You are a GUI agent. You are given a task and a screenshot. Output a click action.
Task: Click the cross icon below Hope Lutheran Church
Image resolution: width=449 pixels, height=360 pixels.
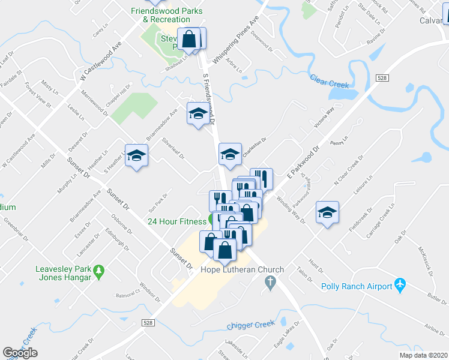(271, 281)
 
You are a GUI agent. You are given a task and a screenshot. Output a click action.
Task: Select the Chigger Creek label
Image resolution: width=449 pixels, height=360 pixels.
(250, 325)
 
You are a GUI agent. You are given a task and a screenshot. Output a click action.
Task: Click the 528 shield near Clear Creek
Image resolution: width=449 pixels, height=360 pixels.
(382, 79)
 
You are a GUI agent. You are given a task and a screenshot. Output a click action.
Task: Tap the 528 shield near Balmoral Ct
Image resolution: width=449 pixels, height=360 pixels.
(149, 322)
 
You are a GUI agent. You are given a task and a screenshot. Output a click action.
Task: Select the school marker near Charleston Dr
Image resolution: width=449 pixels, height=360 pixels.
(230, 154)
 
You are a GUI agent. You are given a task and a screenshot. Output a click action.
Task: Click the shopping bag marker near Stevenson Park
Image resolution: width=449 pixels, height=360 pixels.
(189, 39)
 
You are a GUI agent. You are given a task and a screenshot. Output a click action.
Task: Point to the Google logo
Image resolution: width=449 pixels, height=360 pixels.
(20, 353)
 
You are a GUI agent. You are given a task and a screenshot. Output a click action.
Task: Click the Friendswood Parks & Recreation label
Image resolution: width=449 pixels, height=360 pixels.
(167, 15)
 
